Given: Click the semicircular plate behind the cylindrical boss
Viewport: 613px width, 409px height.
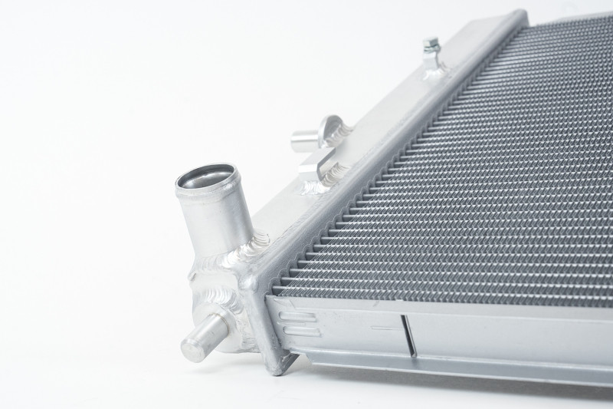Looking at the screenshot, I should (331, 127).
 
